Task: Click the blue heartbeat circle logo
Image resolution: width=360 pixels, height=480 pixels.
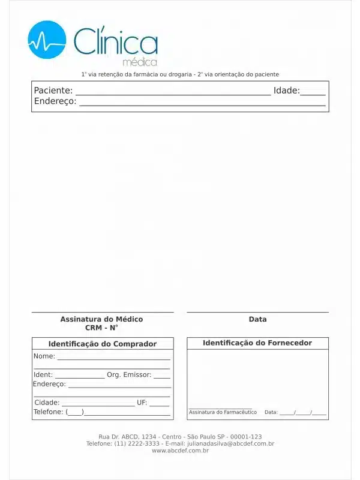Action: click(x=47, y=40)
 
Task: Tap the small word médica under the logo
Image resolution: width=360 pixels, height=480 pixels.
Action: click(x=140, y=62)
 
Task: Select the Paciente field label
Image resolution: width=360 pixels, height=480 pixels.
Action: click(x=53, y=91)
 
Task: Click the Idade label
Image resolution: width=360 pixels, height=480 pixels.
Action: click(x=286, y=91)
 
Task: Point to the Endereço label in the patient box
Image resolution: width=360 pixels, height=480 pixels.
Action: click(x=55, y=101)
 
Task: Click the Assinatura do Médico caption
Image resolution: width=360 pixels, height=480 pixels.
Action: click(x=101, y=319)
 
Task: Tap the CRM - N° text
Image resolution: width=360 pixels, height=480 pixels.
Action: click(x=101, y=328)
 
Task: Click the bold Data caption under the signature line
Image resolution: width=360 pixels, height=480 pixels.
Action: click(x=257, y=319)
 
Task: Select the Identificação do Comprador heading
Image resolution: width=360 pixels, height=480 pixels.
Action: click(x=102, y=344)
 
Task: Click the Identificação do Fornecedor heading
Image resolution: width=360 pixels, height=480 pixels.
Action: click(x=257, y=343)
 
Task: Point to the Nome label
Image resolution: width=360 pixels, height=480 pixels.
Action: click(x=44, y=356)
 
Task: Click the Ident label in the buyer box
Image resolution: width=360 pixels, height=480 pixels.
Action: click(x=43, y=375)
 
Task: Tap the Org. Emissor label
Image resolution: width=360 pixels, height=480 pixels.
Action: click(x=128, y=375)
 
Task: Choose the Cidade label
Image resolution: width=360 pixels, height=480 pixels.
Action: click(x=47, y=403)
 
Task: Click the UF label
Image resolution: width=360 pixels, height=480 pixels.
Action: click(x=142, y=403)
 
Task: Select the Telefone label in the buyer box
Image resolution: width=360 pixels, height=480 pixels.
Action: click(x=49, y=412)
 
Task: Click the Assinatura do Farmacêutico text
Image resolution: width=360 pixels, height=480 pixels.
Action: click(x=223, y=412)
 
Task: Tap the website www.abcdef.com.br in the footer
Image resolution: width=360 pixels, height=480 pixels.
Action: click(x=180, y=451)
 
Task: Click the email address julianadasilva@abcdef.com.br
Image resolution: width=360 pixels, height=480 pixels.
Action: click(x=230, y=444)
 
